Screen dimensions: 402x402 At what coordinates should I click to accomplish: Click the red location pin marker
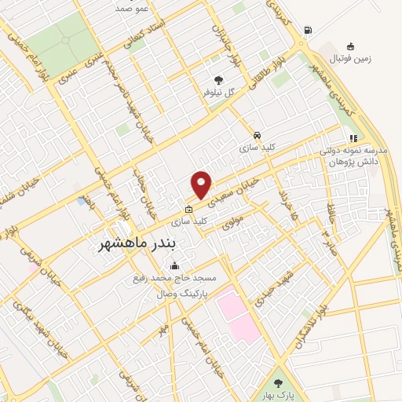click(x=202, y=184)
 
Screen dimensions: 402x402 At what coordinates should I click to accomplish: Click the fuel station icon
click(x=307, y=31)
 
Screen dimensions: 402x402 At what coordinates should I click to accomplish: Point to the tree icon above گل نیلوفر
click(x=218, y=79)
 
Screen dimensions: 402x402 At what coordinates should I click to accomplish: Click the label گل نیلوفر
click(x=218, y=93)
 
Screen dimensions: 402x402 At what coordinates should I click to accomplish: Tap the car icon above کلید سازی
click(x=258, y=133)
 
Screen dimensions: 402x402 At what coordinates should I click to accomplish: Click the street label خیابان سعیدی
click(x=236, y=186)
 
